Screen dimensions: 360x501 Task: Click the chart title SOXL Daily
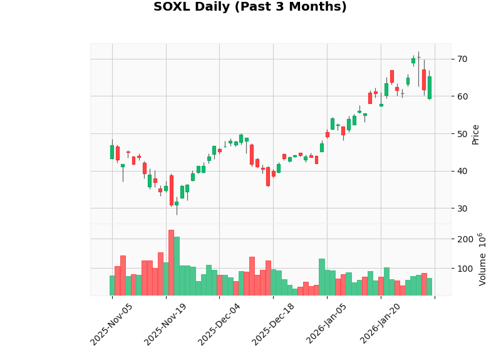pos(250,8)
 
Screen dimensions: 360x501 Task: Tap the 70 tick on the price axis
pos(462,59)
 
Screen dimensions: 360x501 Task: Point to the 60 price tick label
pos(462,96)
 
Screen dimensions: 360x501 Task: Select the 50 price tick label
pos(462,133)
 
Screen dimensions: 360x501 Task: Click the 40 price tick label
pos(462,171)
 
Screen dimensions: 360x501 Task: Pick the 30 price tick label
pos(462,208)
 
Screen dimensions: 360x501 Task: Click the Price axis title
pos(476,134)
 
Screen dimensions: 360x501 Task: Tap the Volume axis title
pos(483,259)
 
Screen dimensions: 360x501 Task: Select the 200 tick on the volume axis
pos(465,239)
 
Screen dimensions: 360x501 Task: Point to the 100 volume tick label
pos(465,269)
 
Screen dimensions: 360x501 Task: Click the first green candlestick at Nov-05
pos(112,152)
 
